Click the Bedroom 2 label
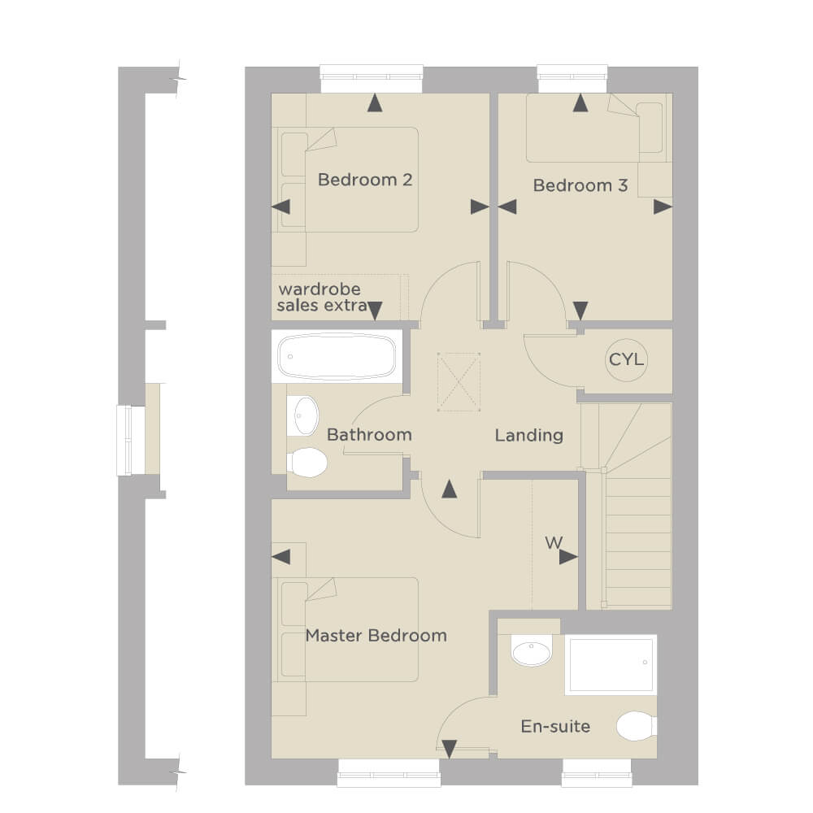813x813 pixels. [365, 180]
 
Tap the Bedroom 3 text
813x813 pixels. [580, 185]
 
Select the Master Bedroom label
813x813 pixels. [376, 635]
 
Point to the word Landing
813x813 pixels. [529, 435]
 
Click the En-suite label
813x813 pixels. [555, 726]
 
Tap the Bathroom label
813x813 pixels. [369, 434]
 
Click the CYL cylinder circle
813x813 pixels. [626, 360]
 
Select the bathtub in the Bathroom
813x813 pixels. [337, 357]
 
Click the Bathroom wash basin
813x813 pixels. [306, 415]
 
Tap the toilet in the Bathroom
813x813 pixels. [307, 463]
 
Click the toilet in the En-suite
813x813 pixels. [637, 726]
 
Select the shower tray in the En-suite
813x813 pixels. [611, 664]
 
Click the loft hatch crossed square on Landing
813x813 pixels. [459, 381]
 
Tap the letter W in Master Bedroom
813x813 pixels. [554, 543]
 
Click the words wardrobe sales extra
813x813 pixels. [323, 297]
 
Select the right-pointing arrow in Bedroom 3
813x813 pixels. [663, 207]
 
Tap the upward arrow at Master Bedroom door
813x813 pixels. [450, 489]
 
